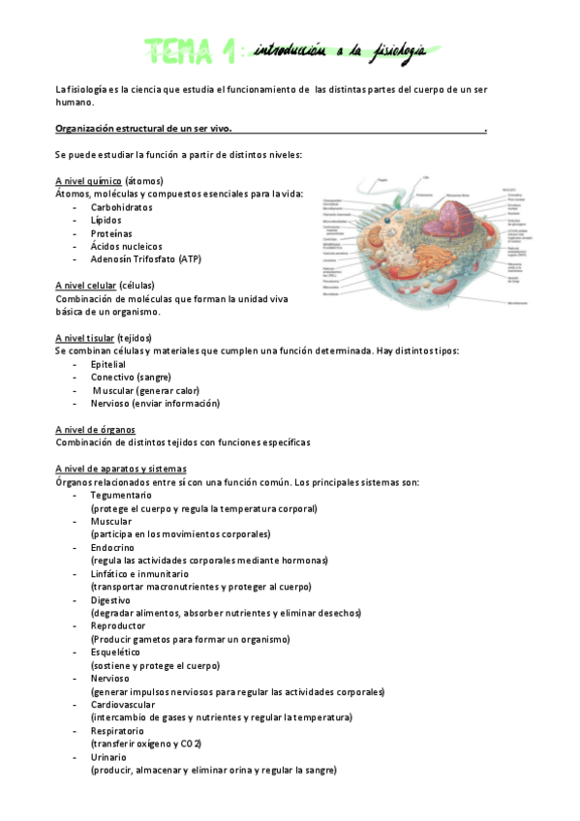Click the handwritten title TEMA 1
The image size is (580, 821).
click(191, 49)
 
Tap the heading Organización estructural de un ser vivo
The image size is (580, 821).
click(143, 128)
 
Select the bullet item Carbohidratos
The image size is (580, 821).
click(121, 207)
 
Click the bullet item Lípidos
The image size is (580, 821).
click(107, 221)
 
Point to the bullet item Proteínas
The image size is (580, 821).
click(111, 233)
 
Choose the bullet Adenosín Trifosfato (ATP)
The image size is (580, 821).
click(145, 259)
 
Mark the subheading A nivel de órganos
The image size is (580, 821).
click(95, 429)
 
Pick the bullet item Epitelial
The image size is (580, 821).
click(107, 364)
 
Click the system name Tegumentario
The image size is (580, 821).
click(121, 495)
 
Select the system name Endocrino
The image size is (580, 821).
click(111, 547)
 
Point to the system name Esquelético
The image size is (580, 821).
click(115, 652)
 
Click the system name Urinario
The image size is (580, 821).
click(108, 756)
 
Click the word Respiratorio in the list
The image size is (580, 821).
click(118, 730)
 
